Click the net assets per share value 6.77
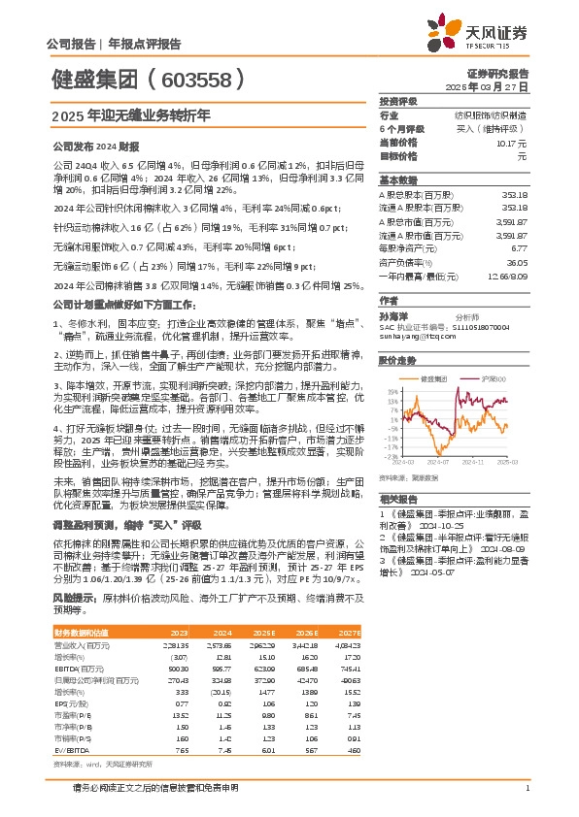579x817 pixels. pos(521,246)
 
